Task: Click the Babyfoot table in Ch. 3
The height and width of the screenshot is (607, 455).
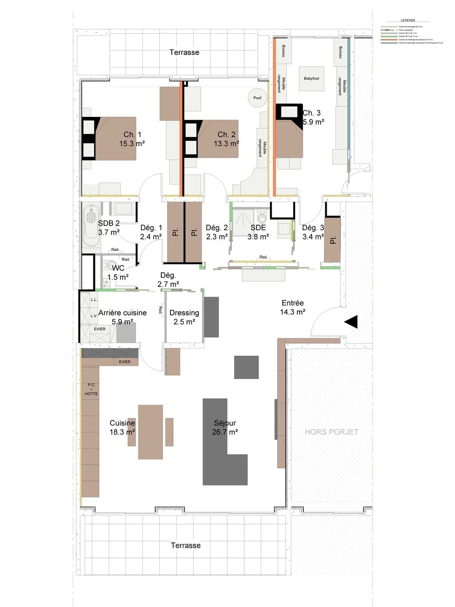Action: [312, 78]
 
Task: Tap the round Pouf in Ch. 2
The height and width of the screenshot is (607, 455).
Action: [258, 98]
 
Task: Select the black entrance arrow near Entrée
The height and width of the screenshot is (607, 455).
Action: [351, 322]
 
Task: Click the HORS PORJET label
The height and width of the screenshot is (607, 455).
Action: [331, 432]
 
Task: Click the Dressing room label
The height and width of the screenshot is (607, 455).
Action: [184, 317]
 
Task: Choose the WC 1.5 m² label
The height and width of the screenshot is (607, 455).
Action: [118, 272]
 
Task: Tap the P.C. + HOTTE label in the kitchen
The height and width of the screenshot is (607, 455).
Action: [91, 389]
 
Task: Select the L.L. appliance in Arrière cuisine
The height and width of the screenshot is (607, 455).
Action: [94, 299]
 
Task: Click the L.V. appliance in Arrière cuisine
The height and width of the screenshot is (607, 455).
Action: [94, 315]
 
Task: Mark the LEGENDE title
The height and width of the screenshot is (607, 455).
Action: [408, 20]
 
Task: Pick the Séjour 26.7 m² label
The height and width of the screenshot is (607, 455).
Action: [225, 427]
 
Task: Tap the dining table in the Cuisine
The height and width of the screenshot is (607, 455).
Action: [150, 431]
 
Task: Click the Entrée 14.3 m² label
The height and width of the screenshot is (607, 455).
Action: [293, 307]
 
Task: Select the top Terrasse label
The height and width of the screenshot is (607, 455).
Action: [184, 52]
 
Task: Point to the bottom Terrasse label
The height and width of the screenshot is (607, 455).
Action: [186, 545]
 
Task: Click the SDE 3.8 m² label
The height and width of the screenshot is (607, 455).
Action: [258, 232]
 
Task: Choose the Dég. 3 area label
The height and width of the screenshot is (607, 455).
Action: [313, 232]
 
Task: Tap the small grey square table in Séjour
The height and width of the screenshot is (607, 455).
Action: [247, 367]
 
